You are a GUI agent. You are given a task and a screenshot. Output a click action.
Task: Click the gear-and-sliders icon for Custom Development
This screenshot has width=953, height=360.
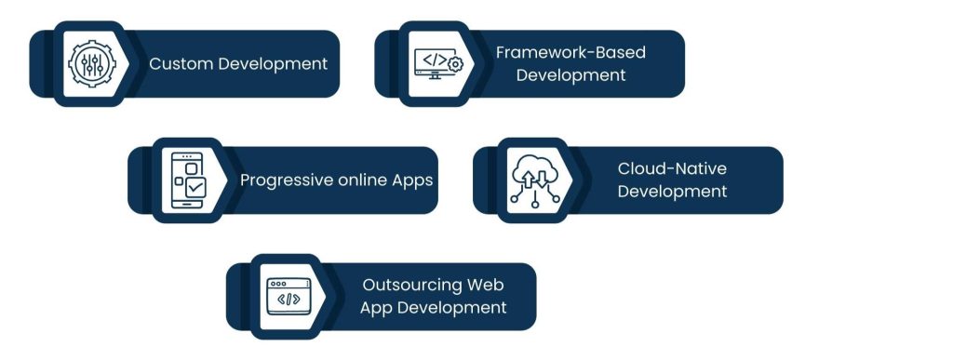[x=87, y=64]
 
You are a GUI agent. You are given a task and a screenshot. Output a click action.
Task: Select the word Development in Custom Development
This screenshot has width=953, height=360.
[x=273, y=64]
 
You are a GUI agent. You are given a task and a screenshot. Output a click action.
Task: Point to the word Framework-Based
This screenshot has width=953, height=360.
[x=570, y=52]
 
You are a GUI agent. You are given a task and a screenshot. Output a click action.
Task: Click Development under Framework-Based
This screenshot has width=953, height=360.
[x=570, y=75]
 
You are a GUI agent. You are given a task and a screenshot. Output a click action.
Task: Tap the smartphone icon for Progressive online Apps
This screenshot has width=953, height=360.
[x=184, y=180]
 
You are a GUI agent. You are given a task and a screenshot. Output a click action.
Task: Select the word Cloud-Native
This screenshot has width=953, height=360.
[x=672, y=168]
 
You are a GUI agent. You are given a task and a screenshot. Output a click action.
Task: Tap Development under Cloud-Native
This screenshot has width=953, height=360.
[x=672, y=192]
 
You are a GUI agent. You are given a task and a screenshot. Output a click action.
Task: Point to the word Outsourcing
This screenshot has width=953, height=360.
[x=413, y=285]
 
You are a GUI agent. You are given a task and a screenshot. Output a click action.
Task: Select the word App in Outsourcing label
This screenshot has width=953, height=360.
[x=379, y=308]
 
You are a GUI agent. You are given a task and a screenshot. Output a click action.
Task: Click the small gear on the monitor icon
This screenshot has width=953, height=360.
[x=455, y=64]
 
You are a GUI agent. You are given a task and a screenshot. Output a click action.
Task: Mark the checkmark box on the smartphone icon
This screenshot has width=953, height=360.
[x=195, y=187]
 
